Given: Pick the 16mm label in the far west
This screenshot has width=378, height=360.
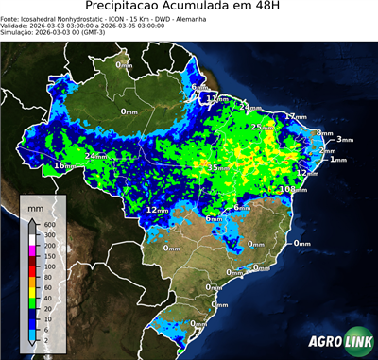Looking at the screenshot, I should [x=63, y=165].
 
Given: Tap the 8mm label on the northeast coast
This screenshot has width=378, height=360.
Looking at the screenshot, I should [x=324, y=133].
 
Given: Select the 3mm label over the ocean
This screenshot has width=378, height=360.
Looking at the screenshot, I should [x=344, y=140].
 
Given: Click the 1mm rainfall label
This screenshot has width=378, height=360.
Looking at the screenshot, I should [x=337, y=160].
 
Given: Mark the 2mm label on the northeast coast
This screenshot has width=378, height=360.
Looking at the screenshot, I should [x=327, y=150].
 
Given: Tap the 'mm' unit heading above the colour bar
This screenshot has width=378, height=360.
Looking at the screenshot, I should [x=35, y=207].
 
